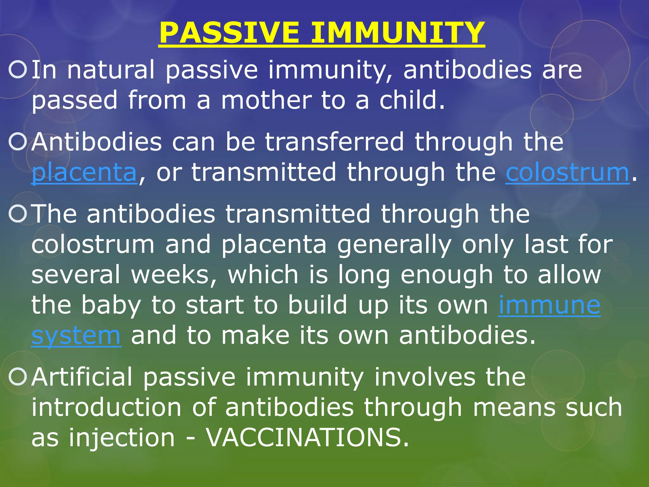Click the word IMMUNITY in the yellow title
pyautogui.click(x=397, y=33)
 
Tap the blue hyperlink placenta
pyautogui.click(x=84, y=173)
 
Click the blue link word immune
pyautogui.click(x=549, y=305)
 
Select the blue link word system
pyautogui.click(x=76, y=336)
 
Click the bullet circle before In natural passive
pyautogui.click(x=18, y=70)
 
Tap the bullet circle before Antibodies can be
pyautogui.click(x=18, y=142)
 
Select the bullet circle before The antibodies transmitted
pyautogui.click(x=18, y=214)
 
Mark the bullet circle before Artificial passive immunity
pyautogui.click(x=18, y=377)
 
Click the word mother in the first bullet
pyautogui.click(x=266, y=101)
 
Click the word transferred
pyautogui.click(x=334, y=142)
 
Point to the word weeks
pyautogui.click(x=171, y=275)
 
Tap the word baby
pyautogui.click(x=111, y=305)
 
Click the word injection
pyautogui.click(x=122, y=438)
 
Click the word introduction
pyautogui.click(x=106, y=407)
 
